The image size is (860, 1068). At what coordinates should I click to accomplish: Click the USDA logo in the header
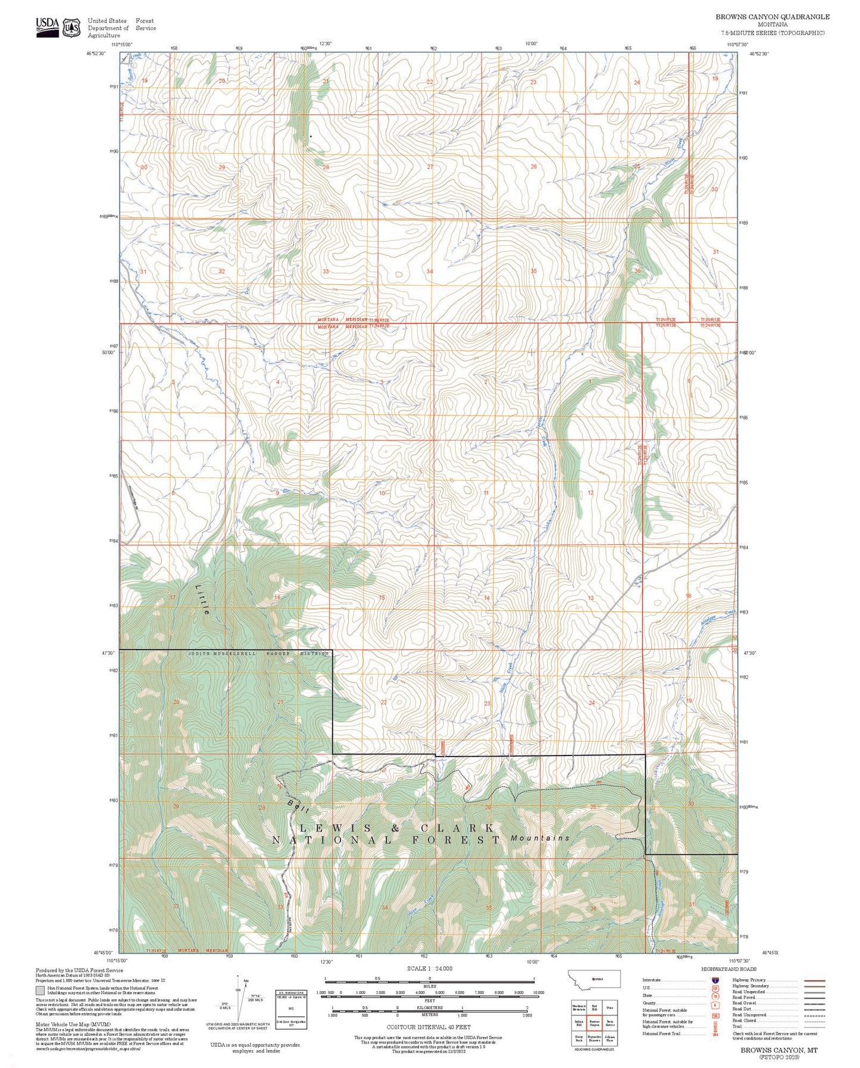(x=48, y=27)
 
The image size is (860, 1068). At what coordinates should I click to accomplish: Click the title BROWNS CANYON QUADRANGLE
(x=772, y=17)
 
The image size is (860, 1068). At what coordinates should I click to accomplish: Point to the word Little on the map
(x=202, y=599)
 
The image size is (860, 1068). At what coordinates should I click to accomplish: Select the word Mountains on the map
(x=540, y=838)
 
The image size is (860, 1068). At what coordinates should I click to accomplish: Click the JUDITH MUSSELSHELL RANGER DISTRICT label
(x=258, y=654)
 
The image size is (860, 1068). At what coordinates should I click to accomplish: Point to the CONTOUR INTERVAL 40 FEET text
(x=429, y=1026)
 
